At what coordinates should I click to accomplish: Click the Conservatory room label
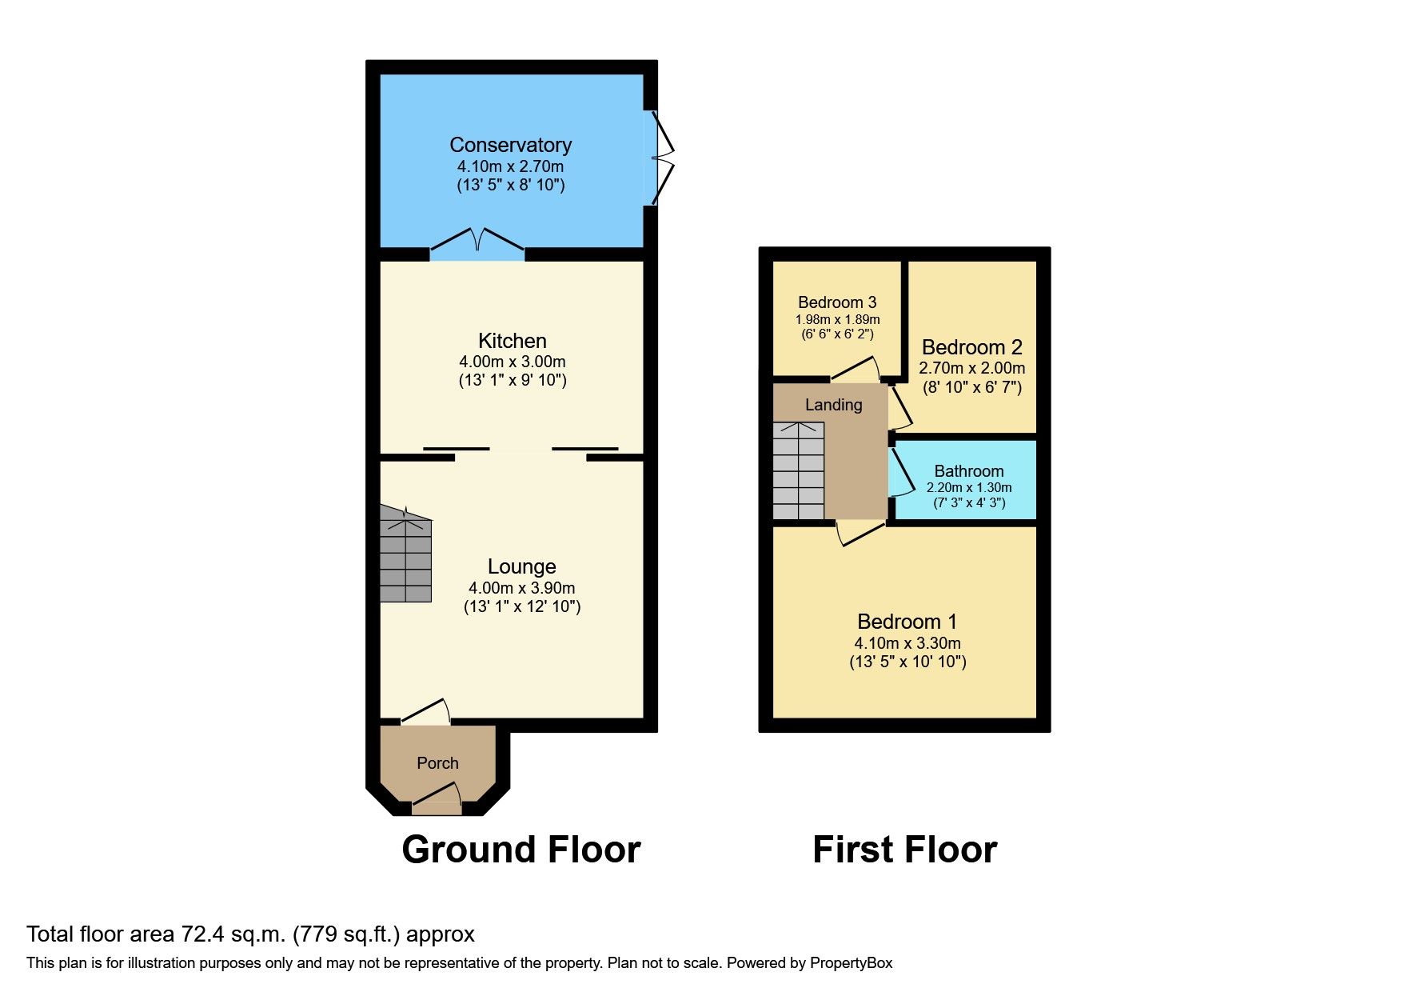pos(510,145)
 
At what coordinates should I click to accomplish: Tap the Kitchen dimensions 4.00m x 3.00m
pos(512,362)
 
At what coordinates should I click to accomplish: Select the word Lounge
pos(521,566)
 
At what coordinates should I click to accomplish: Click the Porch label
pos(437,763)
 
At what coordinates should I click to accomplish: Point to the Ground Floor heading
pos(521,850)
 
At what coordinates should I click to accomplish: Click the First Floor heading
pos(904,850)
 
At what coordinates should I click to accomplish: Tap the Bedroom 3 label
pos(837,302)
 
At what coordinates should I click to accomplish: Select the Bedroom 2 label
pos(971,347)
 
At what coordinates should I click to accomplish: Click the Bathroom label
pos(968,471)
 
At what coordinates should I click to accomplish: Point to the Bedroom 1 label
pos(907,622)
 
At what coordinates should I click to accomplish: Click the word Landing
pos(833,405)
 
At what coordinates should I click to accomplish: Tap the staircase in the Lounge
pos(405,556)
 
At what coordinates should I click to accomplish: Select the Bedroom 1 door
pos(860,532)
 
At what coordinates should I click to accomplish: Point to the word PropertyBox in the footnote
pos(851,963)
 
